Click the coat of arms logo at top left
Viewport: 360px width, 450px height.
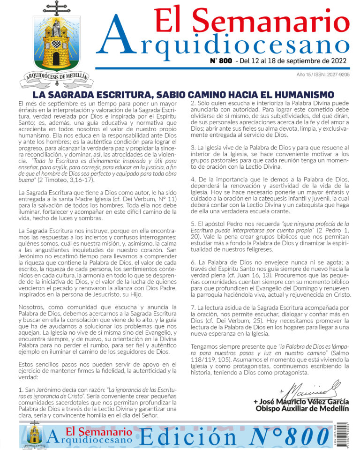click(x=55, y=45)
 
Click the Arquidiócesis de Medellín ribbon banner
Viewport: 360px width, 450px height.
click(x=55, y=79)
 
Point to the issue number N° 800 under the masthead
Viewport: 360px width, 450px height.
click(x=220, y=61)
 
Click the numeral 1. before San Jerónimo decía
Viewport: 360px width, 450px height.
click(x=21, y=390)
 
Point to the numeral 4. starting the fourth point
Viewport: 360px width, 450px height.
click(x=193, y=180)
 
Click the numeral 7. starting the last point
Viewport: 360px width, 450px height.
click(x=193, y=307)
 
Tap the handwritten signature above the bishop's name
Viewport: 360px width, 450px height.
click(x=309, y=390)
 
